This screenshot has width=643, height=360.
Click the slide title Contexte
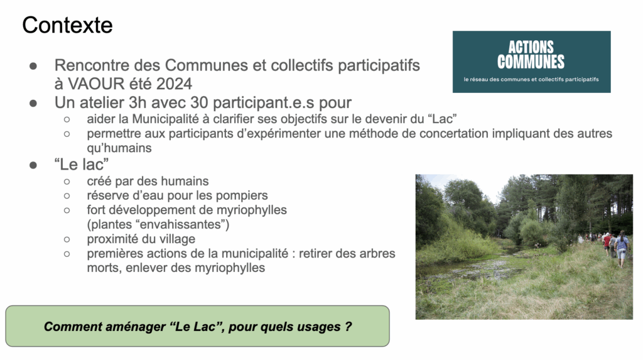(x=67, y=25)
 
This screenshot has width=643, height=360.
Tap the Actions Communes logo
(x=531, y=62)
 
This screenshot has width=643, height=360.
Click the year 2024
(x=175, y=84)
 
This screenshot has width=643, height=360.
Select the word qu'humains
(x=119, y=148)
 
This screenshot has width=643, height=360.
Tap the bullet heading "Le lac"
(x=81, y=164)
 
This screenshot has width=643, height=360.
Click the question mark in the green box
(x=348, y=326)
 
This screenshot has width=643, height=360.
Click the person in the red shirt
(x=607, y=244)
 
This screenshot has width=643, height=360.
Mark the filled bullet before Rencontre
(x=33, y=66)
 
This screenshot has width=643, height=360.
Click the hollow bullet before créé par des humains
(x=67, y=182)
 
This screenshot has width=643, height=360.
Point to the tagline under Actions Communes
(x=531, y=79)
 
